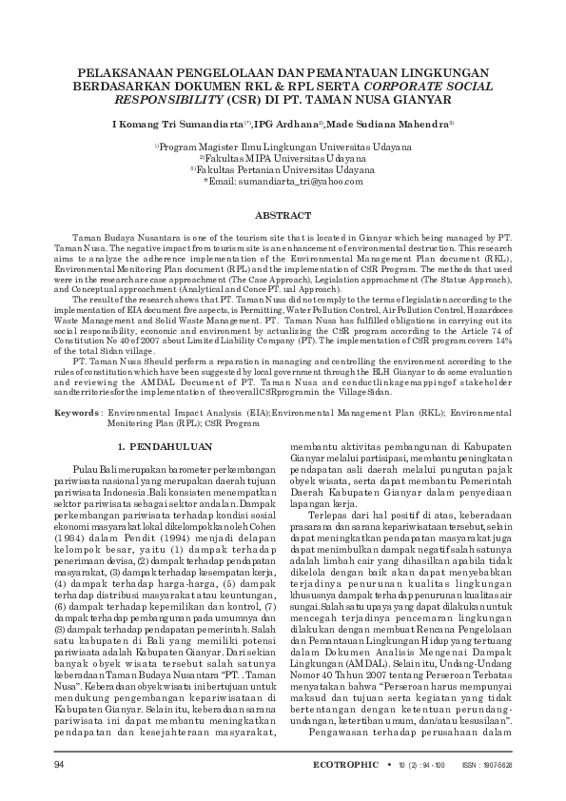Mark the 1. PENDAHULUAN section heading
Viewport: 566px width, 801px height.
(164, 445)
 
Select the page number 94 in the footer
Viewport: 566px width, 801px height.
(60, 766)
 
